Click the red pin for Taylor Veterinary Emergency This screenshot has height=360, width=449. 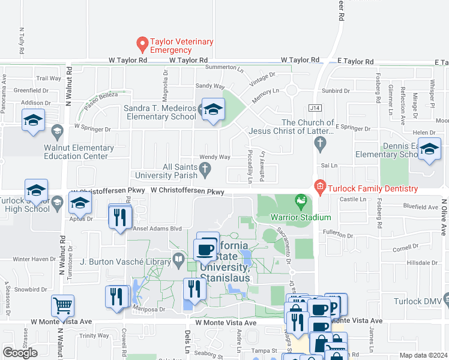tap(142, 44)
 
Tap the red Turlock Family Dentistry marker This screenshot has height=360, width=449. tap(320, 188)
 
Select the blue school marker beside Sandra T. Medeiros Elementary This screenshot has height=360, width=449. tap(212, 110)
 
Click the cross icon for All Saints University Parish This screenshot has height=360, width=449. tap(205, 172)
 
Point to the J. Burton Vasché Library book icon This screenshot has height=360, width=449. tap(178, 260)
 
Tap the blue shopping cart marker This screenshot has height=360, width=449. tap(62, 306)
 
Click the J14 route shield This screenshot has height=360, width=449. tap(315, 109)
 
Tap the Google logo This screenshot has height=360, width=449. tap(20, 352)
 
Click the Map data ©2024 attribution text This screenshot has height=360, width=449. tap(423, 355)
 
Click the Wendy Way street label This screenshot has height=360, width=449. tap(215, 157)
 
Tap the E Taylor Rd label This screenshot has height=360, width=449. tap(355, 62)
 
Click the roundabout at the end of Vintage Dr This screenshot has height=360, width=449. tap(292, 91)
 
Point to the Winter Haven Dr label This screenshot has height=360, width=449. tap(34, 259)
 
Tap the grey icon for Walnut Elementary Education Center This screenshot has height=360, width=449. tap(58, 131)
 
